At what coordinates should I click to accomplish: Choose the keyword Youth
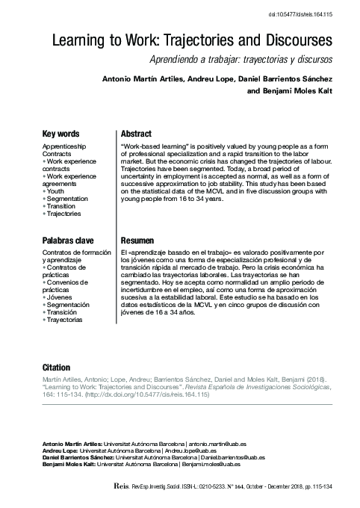tap(56, 191)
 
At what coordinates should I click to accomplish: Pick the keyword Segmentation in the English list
tap(68, 199)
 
